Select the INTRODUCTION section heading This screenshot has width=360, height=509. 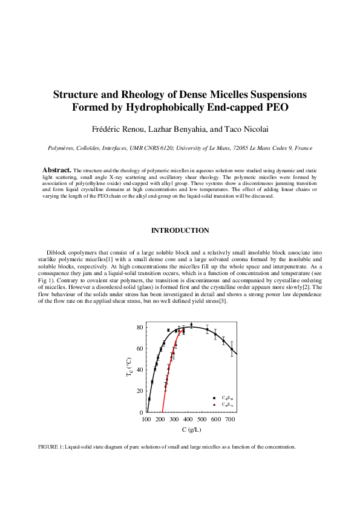[180, 230]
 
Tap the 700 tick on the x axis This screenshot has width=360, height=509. [230, 419]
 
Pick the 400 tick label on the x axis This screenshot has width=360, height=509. [188, 419]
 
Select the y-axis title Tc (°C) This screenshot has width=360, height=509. [129, 367]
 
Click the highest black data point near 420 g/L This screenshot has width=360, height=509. [191, 325]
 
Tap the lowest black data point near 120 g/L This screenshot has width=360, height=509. [149, 399]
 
